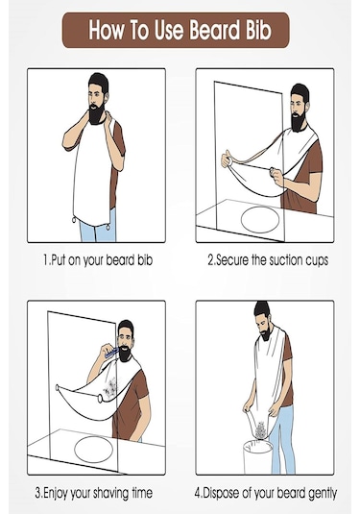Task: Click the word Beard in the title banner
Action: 214,30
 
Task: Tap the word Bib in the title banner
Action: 258,30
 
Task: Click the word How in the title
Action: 107,30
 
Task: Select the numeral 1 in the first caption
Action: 46,260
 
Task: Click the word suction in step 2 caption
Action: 286,260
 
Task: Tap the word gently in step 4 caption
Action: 323,493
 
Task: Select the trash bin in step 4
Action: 258,456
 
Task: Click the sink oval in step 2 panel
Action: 260,220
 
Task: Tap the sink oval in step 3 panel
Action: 93,449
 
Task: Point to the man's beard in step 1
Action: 96,113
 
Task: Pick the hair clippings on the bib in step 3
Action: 109,388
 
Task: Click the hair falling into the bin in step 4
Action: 260,428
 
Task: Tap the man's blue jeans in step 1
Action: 98,228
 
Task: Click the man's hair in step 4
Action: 262,310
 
